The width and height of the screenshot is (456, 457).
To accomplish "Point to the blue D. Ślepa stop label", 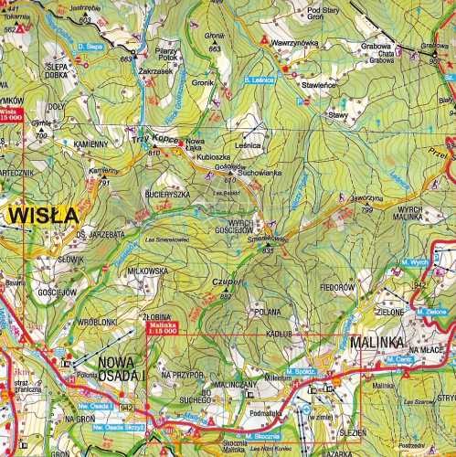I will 90,45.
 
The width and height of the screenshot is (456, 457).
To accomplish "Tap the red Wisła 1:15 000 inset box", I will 12,115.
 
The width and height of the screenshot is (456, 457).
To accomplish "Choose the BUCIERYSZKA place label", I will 165,195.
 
